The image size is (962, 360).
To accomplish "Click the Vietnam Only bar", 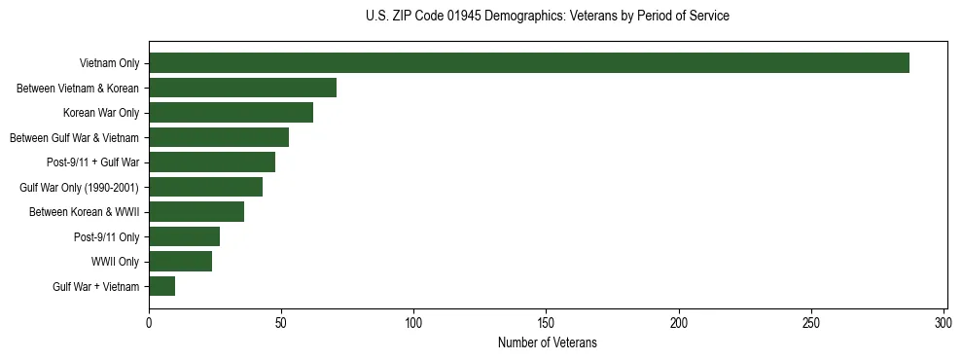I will (529, 63).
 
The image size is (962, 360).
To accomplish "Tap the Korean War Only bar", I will (231, 113).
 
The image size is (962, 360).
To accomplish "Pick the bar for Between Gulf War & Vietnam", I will (219, 137).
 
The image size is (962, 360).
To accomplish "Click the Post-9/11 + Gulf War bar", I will (212, 162).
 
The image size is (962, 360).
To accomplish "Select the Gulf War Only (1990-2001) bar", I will (205, 187).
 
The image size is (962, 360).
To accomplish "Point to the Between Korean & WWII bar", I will (196, 212).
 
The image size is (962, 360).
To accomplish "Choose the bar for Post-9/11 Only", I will (184, 236).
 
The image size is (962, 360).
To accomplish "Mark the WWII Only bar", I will (180, 262).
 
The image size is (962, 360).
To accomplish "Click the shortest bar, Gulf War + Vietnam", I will (161, 286).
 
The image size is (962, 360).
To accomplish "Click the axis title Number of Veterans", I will (547, 343).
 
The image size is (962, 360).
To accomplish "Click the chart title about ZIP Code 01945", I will (547, 17).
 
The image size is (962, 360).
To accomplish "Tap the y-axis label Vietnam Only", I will (109, 64).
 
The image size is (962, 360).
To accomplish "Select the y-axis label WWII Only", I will (115, 262).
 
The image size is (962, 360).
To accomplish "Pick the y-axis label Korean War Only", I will (101, 113).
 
